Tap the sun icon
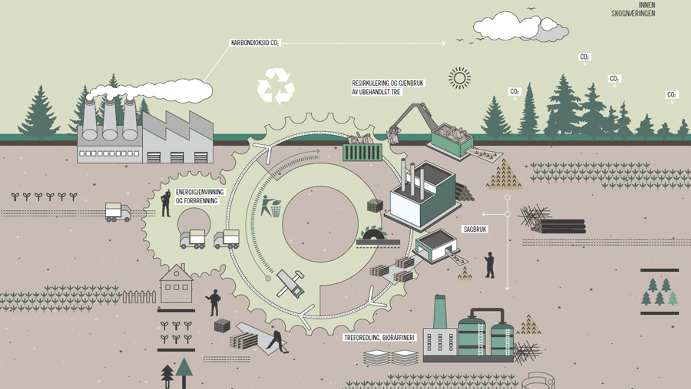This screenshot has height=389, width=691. click(460, 78)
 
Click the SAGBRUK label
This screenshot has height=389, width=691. click(475, 229)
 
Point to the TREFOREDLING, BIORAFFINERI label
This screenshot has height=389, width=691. click(379, 337)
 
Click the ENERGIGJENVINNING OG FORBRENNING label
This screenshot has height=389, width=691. click(200, 196)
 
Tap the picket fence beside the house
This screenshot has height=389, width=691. click(139, 297)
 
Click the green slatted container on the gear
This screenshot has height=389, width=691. click(362, 152)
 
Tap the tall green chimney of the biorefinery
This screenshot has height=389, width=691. click(440, 311)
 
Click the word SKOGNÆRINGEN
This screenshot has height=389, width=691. click(633, 14)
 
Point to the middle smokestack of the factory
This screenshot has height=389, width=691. click(110, 119)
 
